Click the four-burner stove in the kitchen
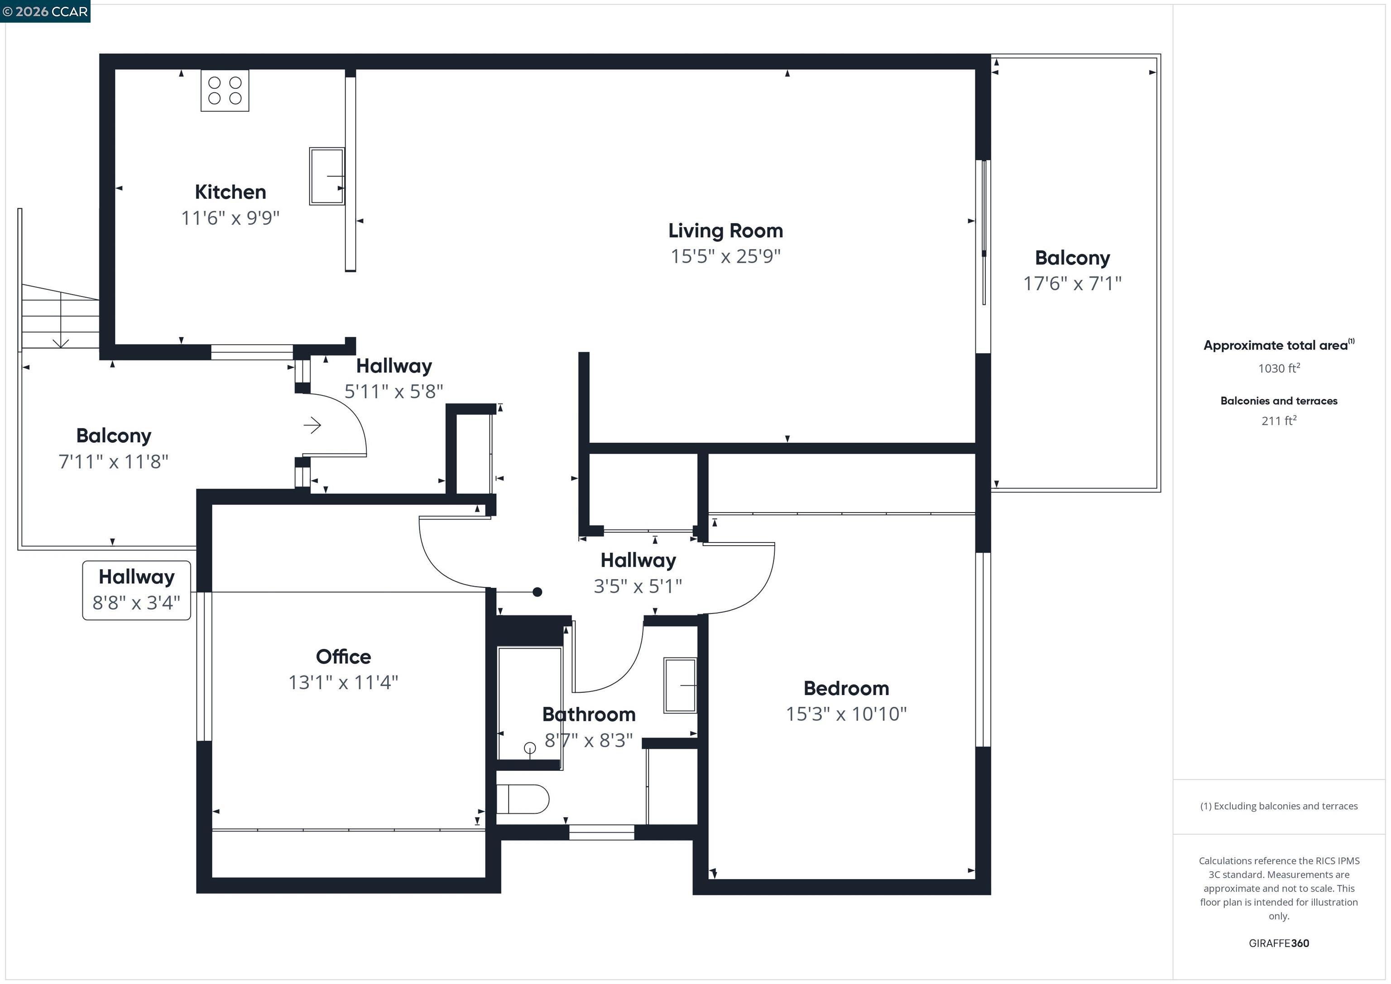coord(225,90)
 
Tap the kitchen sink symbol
coord(326,176)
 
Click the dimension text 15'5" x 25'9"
coord(725,256)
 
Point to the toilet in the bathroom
coord(522,799)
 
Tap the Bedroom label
coord(846,688)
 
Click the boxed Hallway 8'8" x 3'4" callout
coord(136,590)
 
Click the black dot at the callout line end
coord(537,592)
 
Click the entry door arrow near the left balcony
coord(312,425)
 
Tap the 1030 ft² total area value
coord(1278,368)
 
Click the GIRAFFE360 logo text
coord(1278,943)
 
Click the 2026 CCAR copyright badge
coord(45,11)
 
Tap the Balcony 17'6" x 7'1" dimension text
coord(1072,283)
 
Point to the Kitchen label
coord(230,192)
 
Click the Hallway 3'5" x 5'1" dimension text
coord(638,586)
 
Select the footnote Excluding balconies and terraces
coord(1278,806)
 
